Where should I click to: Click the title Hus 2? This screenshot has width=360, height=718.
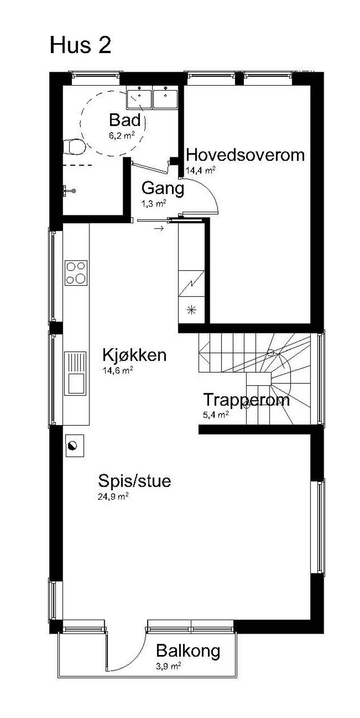point(80,45)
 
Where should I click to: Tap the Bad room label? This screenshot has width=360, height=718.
point(125,120)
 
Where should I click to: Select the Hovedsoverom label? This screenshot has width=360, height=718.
point(245,155)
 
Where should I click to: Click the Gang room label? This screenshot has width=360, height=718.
point(163,188)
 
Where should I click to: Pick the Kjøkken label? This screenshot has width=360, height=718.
point(135,355)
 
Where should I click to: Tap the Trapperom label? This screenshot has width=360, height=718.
point(246,400)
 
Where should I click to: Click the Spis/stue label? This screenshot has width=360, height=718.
point(135,481)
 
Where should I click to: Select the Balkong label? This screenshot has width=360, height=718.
point(188,651)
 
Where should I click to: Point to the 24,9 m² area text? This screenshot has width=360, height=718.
point(113,496)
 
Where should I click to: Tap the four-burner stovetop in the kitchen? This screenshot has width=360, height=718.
point(76,273)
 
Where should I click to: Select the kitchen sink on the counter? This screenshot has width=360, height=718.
point(75,373)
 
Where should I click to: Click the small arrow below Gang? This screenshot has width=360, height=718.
point(159,229)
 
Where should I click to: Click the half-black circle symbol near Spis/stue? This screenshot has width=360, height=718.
point(73,445)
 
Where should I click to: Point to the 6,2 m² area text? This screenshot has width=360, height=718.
point(122,135)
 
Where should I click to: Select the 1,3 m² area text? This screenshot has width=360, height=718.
point(153,203)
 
